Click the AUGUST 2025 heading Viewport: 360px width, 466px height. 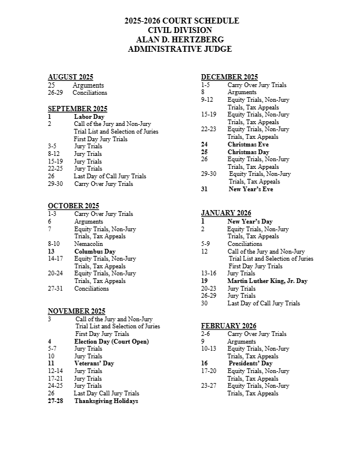(71, 77)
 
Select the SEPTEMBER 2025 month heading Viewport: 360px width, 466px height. (78, 109)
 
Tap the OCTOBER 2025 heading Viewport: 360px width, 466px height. (74, 205)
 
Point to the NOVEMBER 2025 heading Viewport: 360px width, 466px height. (76, 311)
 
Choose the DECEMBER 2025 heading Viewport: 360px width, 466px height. (229, 77)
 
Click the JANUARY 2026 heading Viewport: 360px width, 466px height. (226, 212)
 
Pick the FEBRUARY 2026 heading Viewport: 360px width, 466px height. (228, 326)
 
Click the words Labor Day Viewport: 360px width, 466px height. (89, 116)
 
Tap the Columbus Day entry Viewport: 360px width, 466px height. (95, 251)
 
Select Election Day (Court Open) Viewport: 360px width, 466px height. (111, 341)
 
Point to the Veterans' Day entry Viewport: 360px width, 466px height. (94, 364)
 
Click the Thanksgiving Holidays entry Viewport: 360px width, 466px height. (106, 401)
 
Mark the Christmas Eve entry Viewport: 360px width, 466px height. (248, 144)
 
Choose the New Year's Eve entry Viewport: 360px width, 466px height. (251, 189)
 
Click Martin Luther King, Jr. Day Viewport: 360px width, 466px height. (267, 281)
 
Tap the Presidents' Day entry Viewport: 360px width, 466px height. (249, 364)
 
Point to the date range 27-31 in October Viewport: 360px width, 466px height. (56, 289)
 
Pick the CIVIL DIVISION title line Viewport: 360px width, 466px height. (180, 30)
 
